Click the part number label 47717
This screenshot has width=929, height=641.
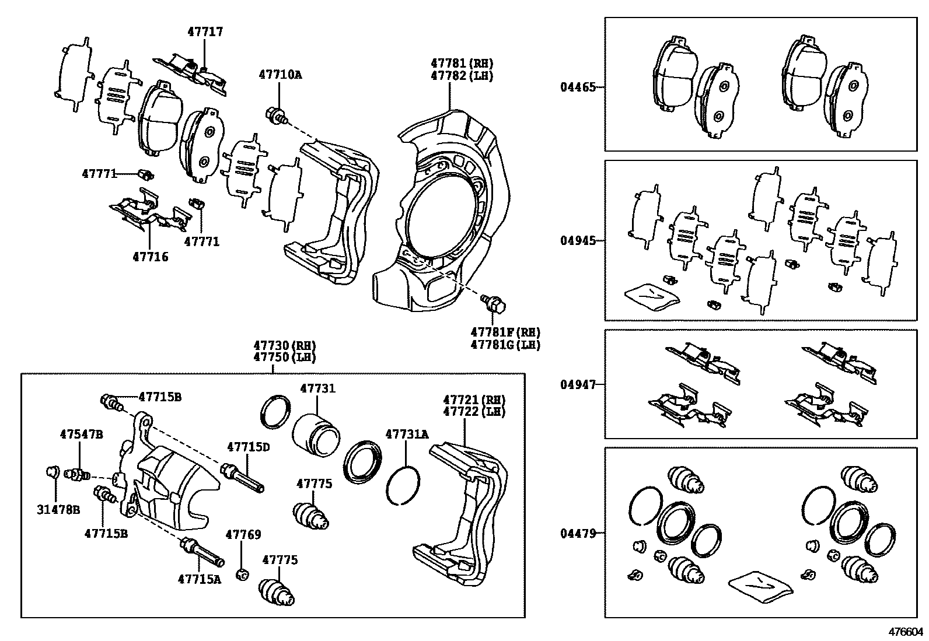[205, 31]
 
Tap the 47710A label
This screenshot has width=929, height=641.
[280, 75]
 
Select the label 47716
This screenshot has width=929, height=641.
[151, 257]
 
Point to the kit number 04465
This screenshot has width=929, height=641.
[578, 87]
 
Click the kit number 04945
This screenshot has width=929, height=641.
[578, 240]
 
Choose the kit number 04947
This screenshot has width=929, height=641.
[578, 384]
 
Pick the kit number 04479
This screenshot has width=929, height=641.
[578, 533]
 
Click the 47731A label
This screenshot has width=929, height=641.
[407, 434]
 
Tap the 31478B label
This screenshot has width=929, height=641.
[58, 510]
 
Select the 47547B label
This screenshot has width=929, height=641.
[81, 434]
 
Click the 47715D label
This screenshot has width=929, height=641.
[249, 447]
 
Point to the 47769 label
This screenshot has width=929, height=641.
[243, 535]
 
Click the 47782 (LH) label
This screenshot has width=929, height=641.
[462, 76]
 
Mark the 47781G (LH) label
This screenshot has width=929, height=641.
[505, 345]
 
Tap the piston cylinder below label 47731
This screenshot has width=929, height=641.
[316, 435]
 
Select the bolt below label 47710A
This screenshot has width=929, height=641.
[277, 115]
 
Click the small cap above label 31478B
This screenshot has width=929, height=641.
[53, 472]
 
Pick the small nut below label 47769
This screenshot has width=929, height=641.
[242, 575]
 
